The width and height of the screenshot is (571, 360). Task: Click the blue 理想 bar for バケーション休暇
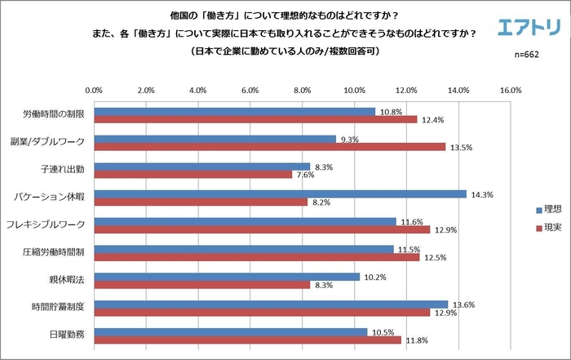pyautogui.click(x=280, y=194)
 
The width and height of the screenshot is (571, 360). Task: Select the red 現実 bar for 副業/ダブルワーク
pyautogui.click(x=269, y=147)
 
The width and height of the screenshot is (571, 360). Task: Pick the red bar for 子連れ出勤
pyautogui.click(x=193, y=175)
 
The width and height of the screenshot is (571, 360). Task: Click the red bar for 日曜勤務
pyautogui.click(x=247, y=340)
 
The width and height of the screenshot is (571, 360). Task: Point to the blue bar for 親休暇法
pyautogui.click(x=227, y=277)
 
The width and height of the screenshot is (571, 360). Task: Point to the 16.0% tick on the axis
pyautogui.click(x=510, y=90)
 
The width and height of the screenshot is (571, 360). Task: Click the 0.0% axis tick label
pyautogui.click(x=94, y=90)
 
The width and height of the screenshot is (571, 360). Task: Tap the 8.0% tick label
pyautogui.click(x=302, y=90)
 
